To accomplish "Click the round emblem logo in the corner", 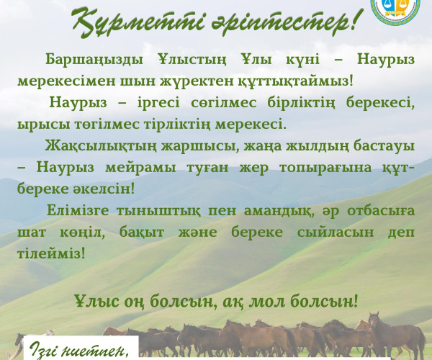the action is [x=396, y=10].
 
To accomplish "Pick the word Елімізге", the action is [x=78, y=211].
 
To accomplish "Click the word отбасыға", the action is [x=381, y=211].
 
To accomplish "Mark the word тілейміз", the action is [x=51, y=254].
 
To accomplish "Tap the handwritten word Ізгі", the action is [x=43, y=350].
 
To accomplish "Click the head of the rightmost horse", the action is [x=375, y=320].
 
